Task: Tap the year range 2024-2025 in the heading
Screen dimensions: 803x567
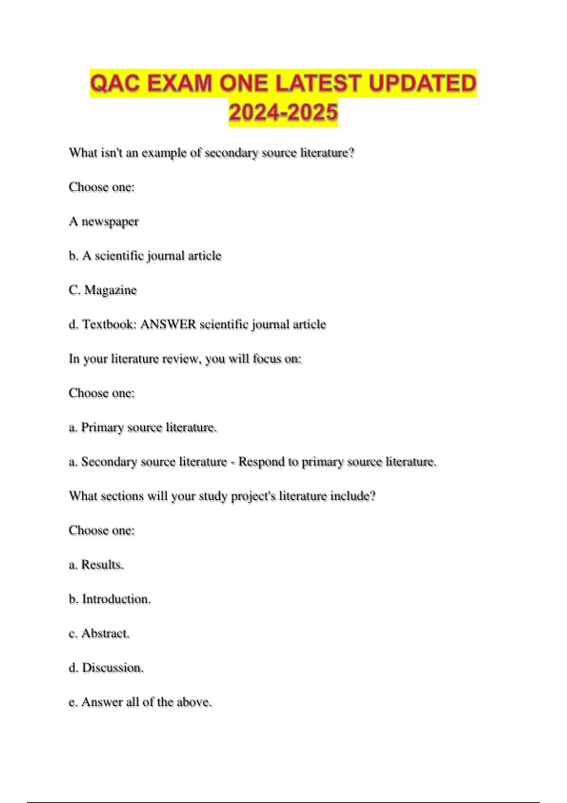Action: pos(283,112)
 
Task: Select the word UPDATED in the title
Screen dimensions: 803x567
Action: pos(422,84)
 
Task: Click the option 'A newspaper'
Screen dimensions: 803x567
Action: pos(104,222)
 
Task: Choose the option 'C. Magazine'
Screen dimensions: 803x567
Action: pos(103,290)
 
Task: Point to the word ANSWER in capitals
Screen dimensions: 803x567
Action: pos(168,325)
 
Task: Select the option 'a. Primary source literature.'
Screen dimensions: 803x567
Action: pos(143,427)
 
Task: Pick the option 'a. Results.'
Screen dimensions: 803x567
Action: pos(96,565)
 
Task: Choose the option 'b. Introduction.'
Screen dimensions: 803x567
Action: pos(110,599)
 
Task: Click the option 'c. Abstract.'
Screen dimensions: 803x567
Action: pos(99,633)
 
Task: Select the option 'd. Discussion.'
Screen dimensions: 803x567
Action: pos(106,668)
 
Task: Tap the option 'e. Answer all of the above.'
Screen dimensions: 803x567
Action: pos(140,702)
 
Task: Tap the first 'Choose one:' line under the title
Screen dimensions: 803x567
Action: pos(102,187)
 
